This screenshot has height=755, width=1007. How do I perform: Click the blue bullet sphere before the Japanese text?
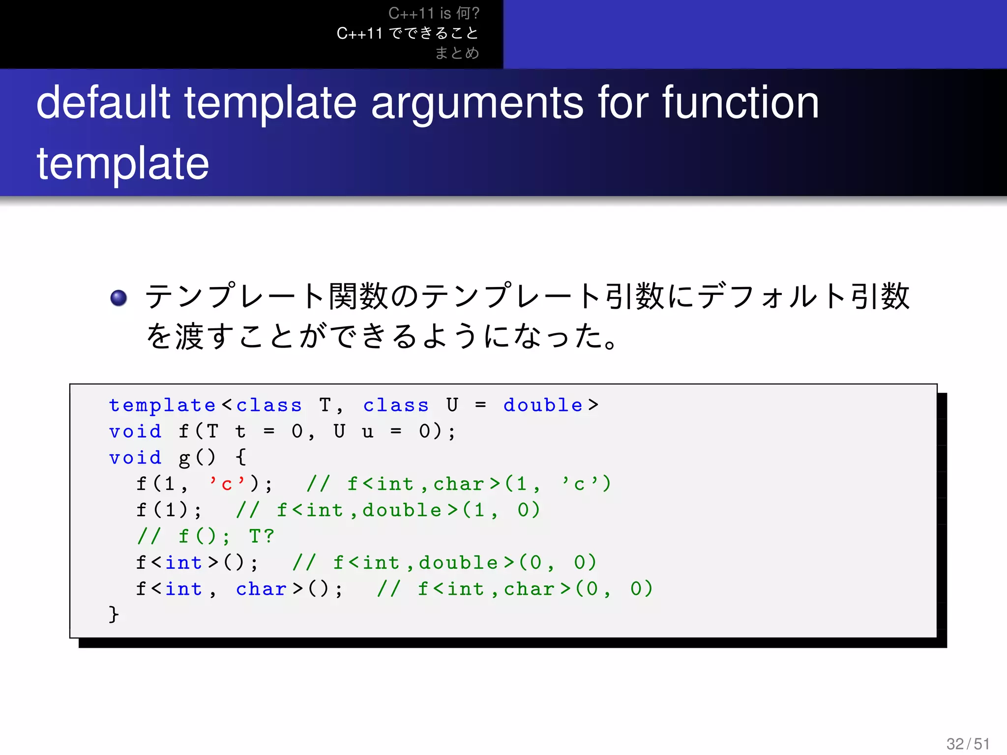tap(118, 297)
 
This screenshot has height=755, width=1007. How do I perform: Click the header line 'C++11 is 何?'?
tap(434, 13)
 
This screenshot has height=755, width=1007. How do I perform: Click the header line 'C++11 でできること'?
tap(407, 33)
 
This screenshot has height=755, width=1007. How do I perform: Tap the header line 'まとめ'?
tap(456, 53)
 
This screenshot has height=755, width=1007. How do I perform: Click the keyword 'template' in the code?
tap(162, 406)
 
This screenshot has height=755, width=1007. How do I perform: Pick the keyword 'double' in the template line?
tap(543, 405)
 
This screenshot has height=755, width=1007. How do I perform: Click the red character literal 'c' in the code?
tap(227, 484)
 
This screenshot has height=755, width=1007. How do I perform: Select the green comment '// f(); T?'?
tap(206, 536)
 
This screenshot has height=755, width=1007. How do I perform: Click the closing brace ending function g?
tap(114, 614)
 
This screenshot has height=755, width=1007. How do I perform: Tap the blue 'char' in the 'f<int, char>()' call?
tap(261, 589)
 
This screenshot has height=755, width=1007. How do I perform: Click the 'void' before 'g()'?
tap(135, 458)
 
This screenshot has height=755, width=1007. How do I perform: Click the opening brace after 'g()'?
tap(241, 457)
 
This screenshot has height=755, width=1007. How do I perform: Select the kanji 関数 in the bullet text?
tap(358, 296)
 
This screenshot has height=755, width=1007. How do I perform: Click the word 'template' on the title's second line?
tap(123, 163)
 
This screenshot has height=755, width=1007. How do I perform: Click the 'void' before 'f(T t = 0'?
tap(135, 432)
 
